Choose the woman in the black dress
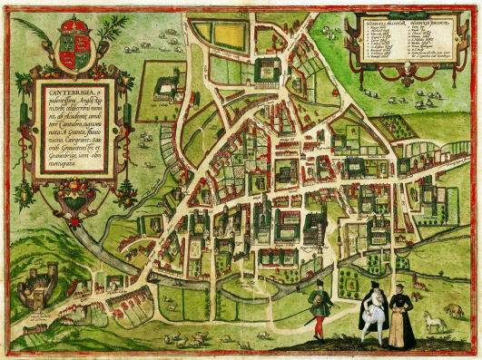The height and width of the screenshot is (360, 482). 400,318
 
